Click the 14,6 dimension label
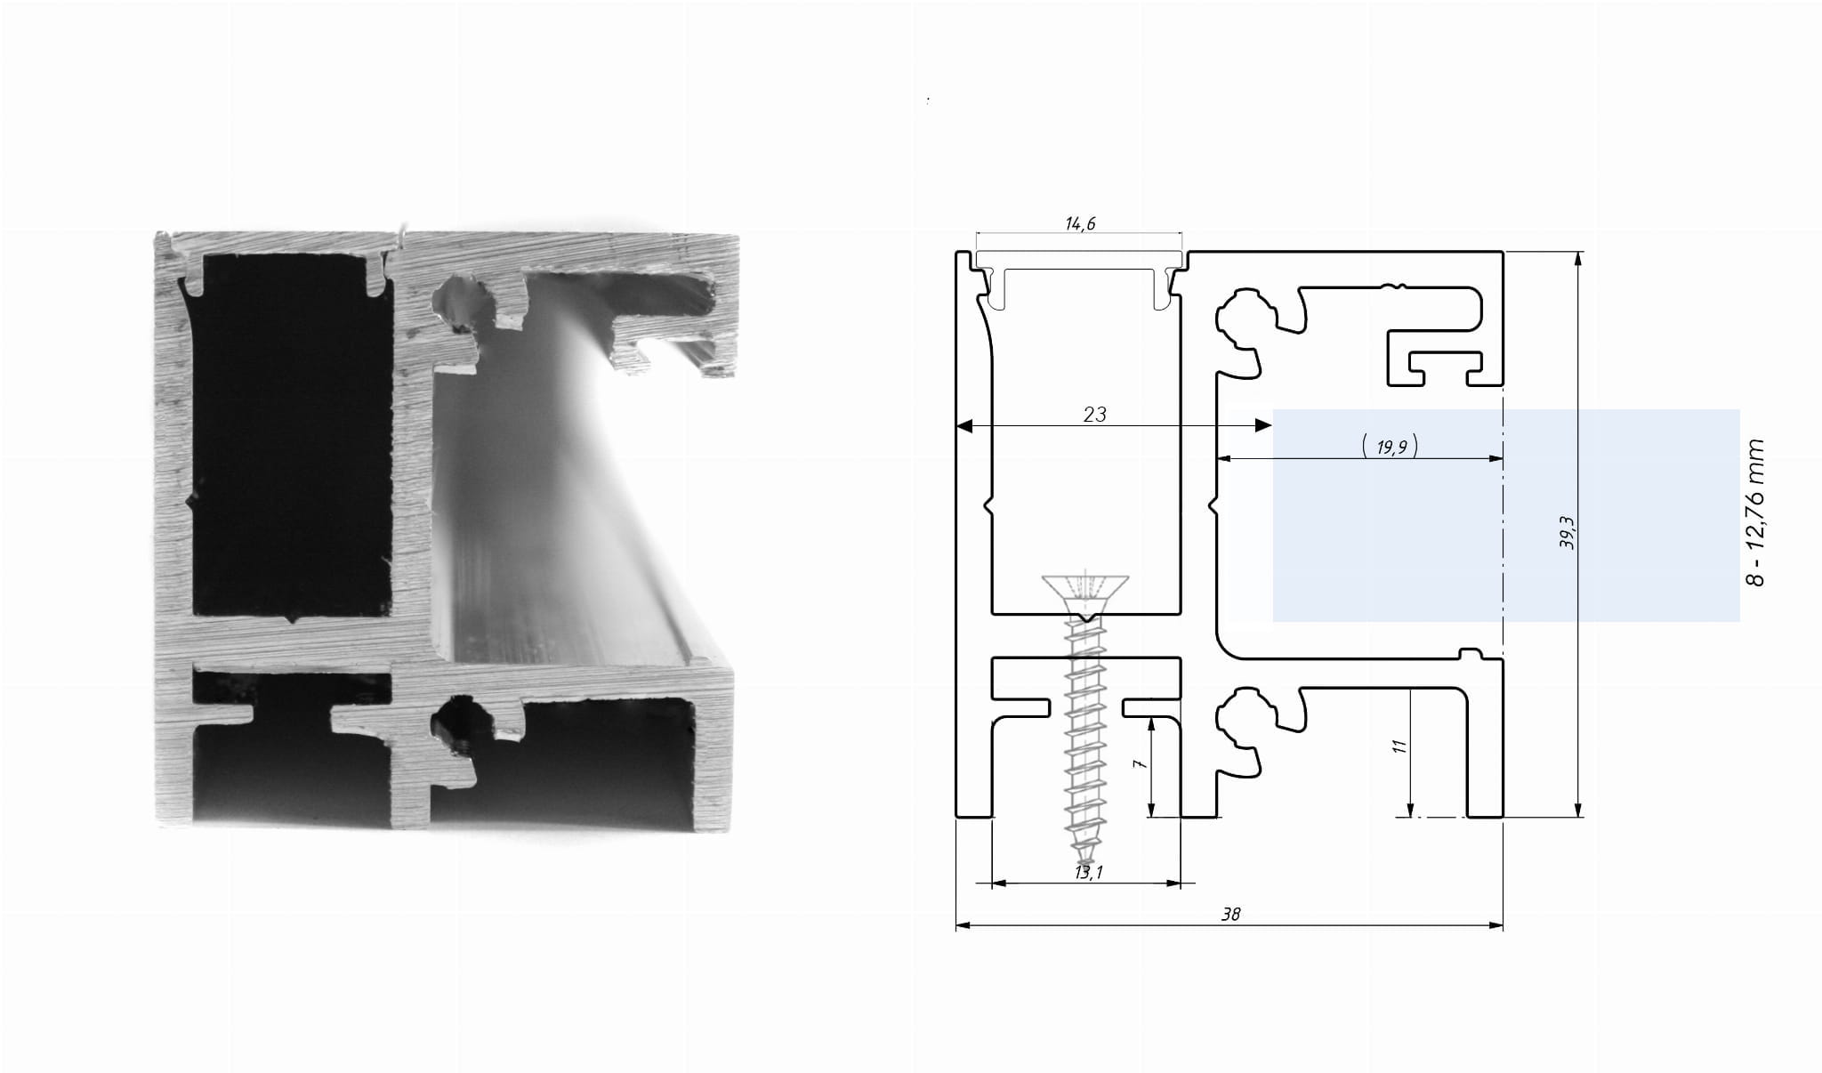[x=1080, y=223]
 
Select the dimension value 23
[x=1095, y=414]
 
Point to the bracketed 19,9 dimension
[x=1391, y=446]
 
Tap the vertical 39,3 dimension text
[x=1568, y=532]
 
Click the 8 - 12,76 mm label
[x=1754, y=512]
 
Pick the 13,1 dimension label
[x=1088, y=872]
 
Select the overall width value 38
[x=1230, y=914]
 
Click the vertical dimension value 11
[x=1399, y=746]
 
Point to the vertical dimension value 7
[x=1141, y=762]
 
